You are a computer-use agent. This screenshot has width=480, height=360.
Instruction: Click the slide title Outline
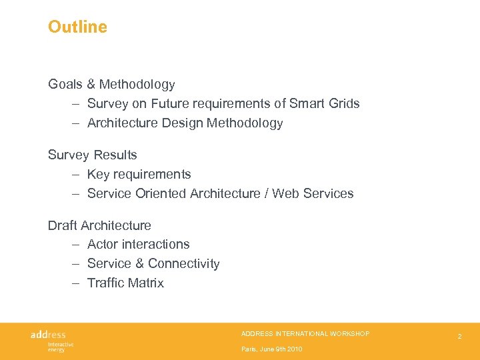tap(77, 27)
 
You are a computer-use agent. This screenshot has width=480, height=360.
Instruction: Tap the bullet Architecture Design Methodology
tap(185, 123)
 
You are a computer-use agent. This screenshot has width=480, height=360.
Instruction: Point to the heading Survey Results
tap(92, 155)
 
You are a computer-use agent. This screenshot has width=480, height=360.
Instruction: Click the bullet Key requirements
tap(139, 174)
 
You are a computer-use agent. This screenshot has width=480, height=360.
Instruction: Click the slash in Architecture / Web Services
tap(266, 193)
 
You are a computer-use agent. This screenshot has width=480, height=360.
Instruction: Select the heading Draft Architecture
tap(99, 225)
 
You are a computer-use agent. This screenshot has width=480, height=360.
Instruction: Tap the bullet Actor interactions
tap(138, 244)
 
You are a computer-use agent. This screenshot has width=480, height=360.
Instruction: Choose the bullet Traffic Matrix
tap(125, 283)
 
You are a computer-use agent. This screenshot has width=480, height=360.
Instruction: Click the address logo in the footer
tap(48, 334)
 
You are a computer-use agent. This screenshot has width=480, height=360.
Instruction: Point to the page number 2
tap(459, 337)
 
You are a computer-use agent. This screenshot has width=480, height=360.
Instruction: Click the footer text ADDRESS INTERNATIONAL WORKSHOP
tap(305, 333)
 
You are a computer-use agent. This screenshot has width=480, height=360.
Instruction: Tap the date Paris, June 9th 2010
tap(271, 349)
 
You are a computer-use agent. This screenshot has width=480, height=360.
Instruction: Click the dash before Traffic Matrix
tap(76, 283)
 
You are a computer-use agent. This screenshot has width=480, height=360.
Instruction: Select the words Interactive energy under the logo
tap(60, 347)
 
